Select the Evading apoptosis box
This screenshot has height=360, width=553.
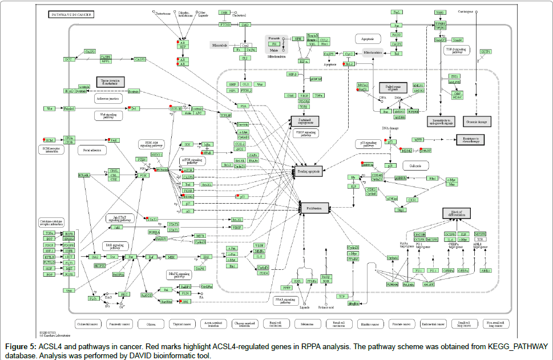(309, 170)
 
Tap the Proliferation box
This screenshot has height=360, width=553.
(309, 209)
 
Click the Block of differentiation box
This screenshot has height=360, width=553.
(460, 213)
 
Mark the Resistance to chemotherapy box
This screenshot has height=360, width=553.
(470, 140)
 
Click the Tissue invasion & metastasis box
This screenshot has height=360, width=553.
(110, 82)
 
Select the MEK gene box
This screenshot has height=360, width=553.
(171, 257)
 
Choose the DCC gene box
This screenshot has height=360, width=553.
(69, 59)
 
